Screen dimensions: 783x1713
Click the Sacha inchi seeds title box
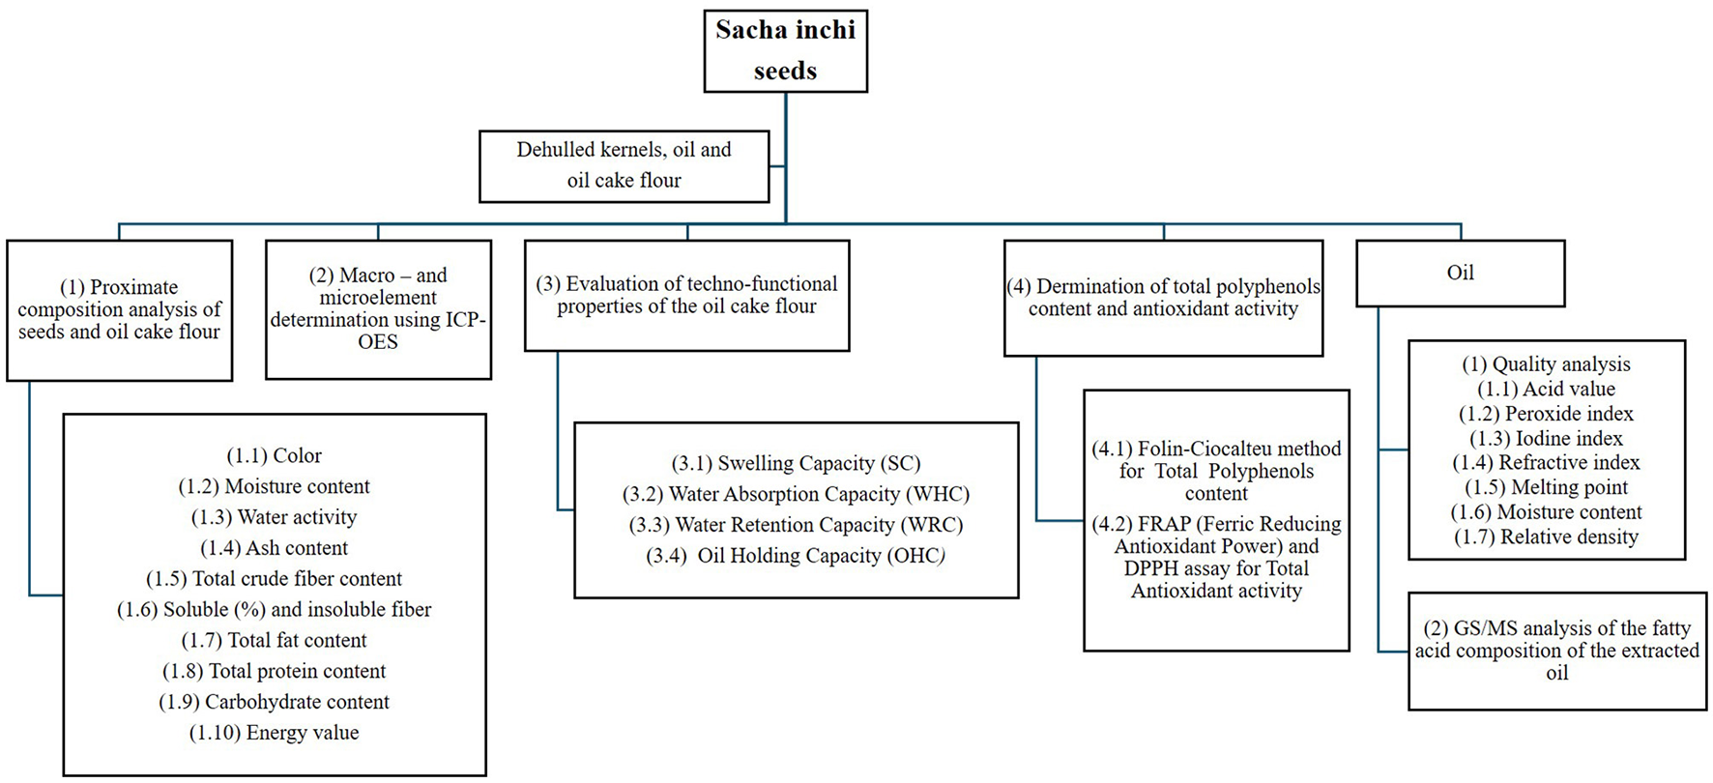click(x=785, y=51)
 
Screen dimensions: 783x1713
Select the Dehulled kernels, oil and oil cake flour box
click(x=624, y=165)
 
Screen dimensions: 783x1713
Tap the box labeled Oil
click(x=1460, y=274)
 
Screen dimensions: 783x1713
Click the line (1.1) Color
click(x=274, y=455)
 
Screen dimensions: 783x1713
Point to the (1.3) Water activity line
click(x=274, y=517)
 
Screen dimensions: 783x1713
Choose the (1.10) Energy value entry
click(x=274, y=733)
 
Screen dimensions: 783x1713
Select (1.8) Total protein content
click(x=274, y=671)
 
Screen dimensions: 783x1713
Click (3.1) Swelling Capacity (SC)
click(x=796, y=463)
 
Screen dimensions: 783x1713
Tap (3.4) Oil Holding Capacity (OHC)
click(x=796, y=556)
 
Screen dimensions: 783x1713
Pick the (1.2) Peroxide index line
click(x=1546, y=414)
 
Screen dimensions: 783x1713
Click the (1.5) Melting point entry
click(x=1546, y=487)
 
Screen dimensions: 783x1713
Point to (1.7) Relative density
click(x=1546, y=536)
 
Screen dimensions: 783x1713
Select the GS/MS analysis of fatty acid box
click(x=1556, y=651)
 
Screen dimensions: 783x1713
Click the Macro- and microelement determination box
click(x=378, y=309)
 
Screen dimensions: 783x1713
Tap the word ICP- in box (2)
click(x=463, y=320)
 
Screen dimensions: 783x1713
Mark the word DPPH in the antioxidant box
click(x=1148, y=568)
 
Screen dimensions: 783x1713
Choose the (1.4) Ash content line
click(x=274, y=548)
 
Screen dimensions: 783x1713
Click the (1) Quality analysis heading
click(x=1546, y=364)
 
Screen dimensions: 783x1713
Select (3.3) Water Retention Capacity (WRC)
click(x=796, y=525)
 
